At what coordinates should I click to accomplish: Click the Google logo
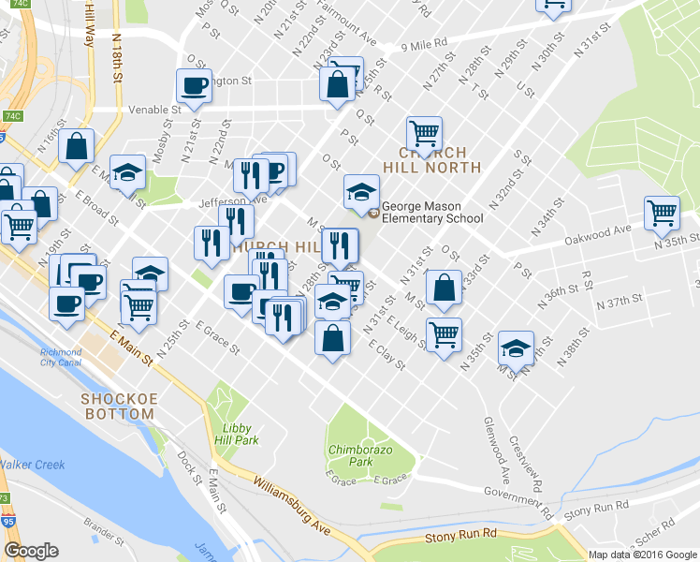[31, 551]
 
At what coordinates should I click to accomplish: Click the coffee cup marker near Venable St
[195, 87]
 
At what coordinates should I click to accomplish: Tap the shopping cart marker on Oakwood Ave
[662, 212]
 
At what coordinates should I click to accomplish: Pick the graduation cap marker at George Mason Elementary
[361, 191]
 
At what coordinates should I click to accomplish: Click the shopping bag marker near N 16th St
[76, 145]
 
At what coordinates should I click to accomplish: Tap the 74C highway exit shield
[12, 116]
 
